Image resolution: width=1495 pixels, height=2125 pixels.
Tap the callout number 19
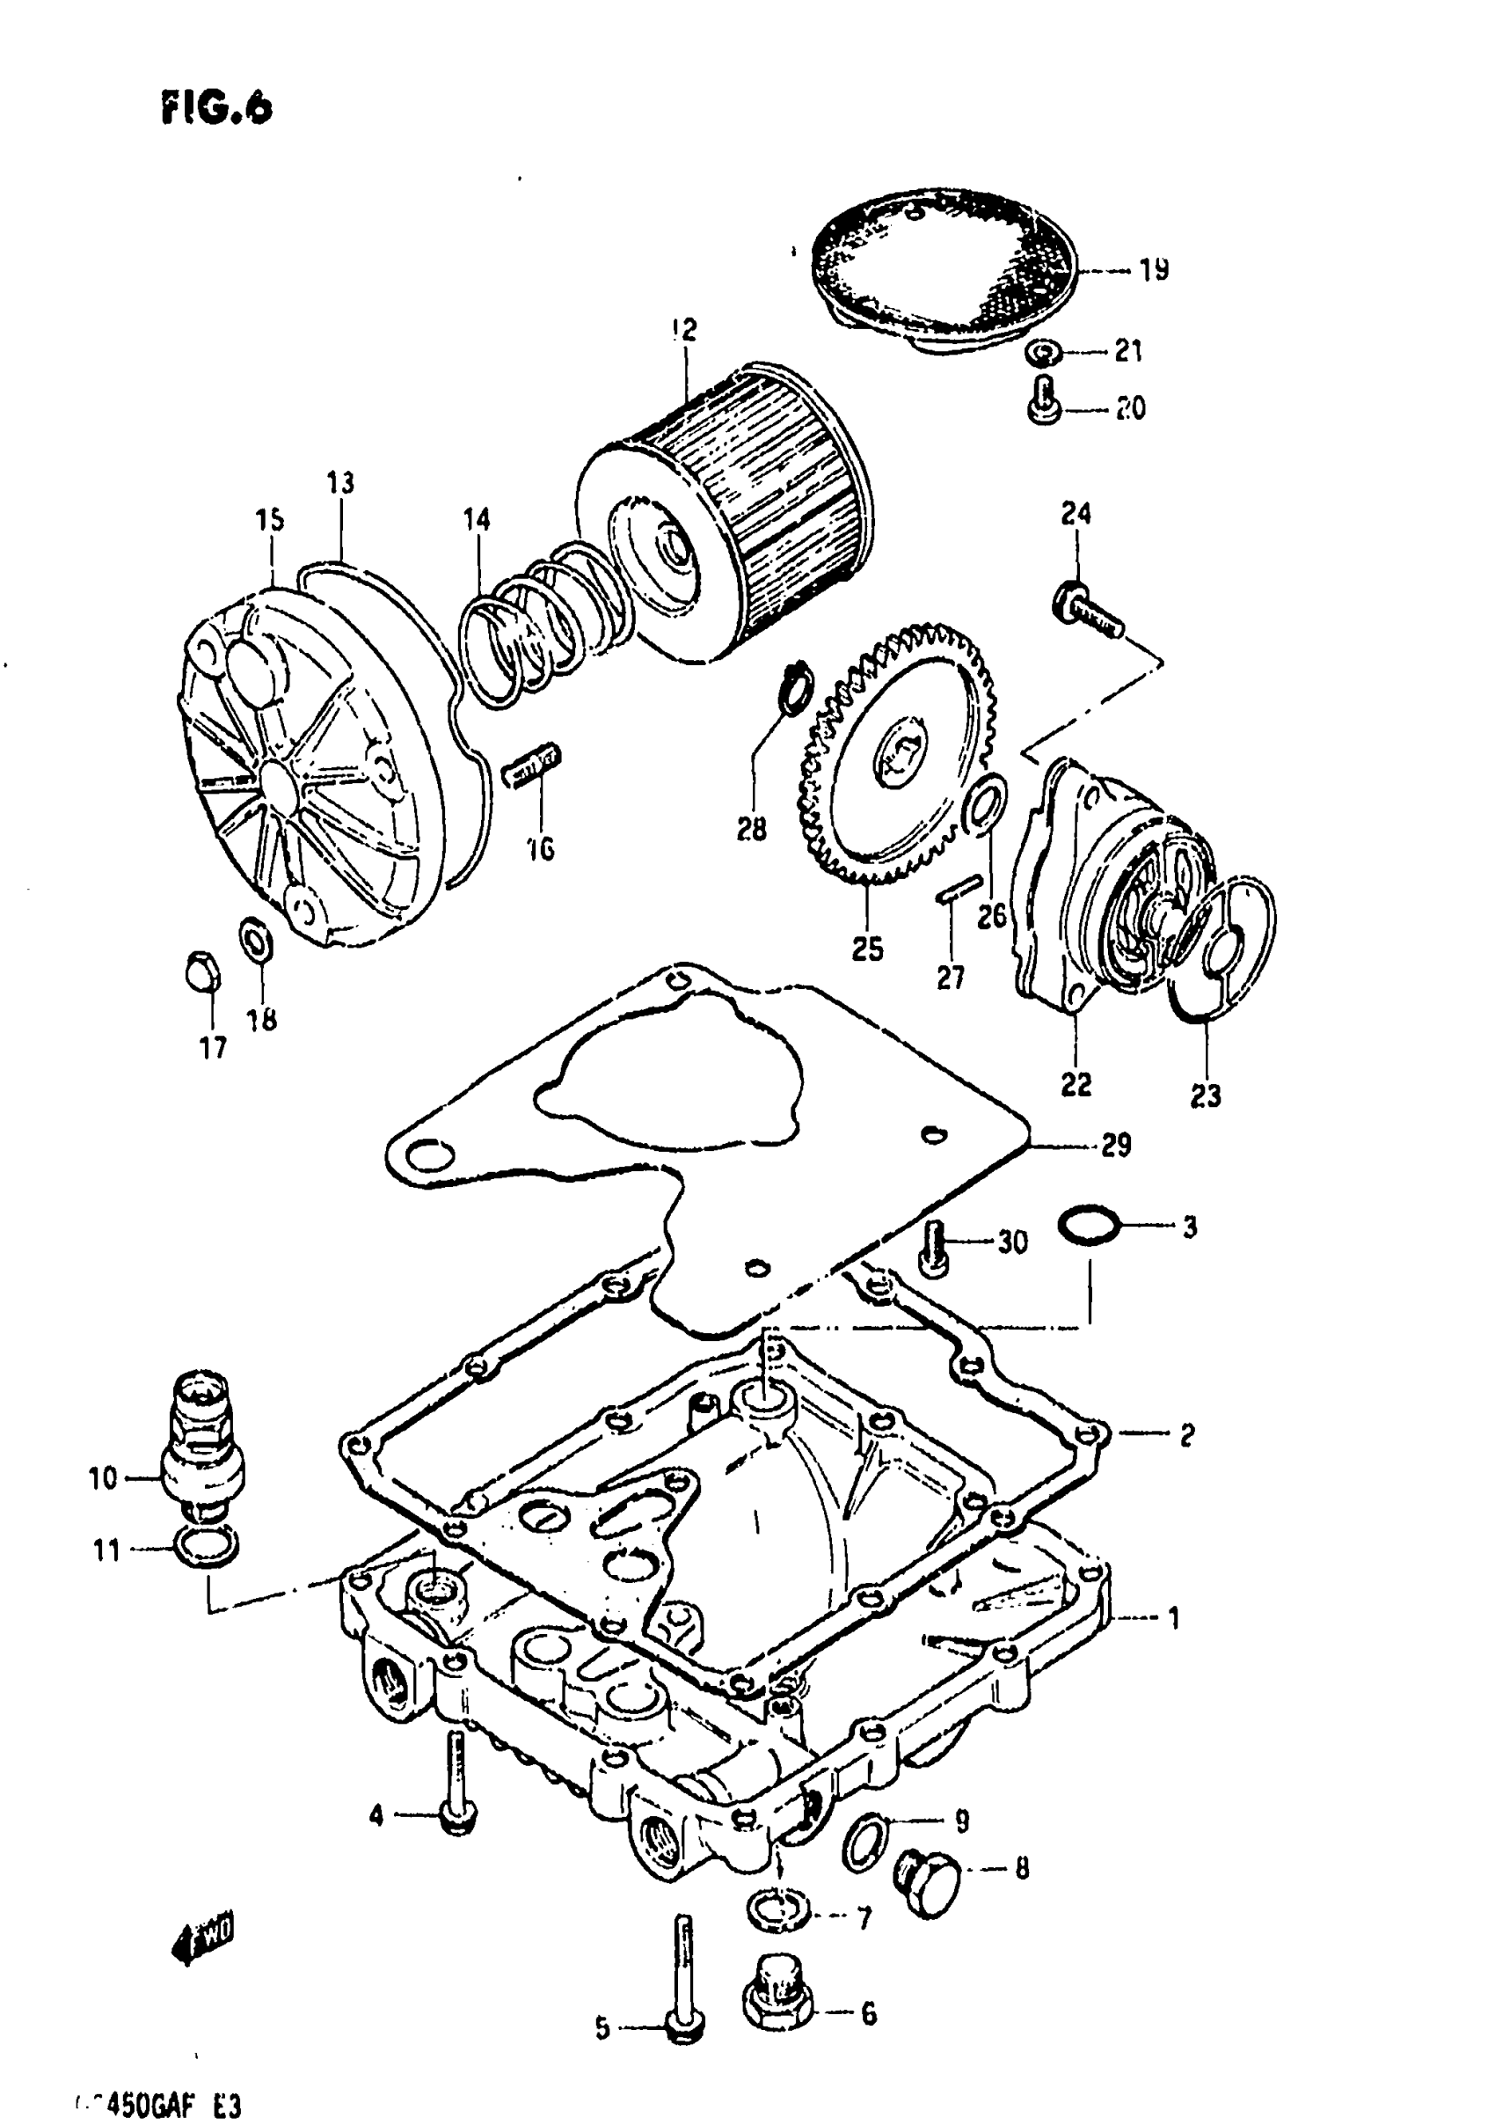(x=1154, y=270)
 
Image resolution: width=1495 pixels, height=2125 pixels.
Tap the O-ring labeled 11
(x=206, y=1548)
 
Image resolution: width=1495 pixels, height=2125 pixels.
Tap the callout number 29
(x=1117, y=1146)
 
